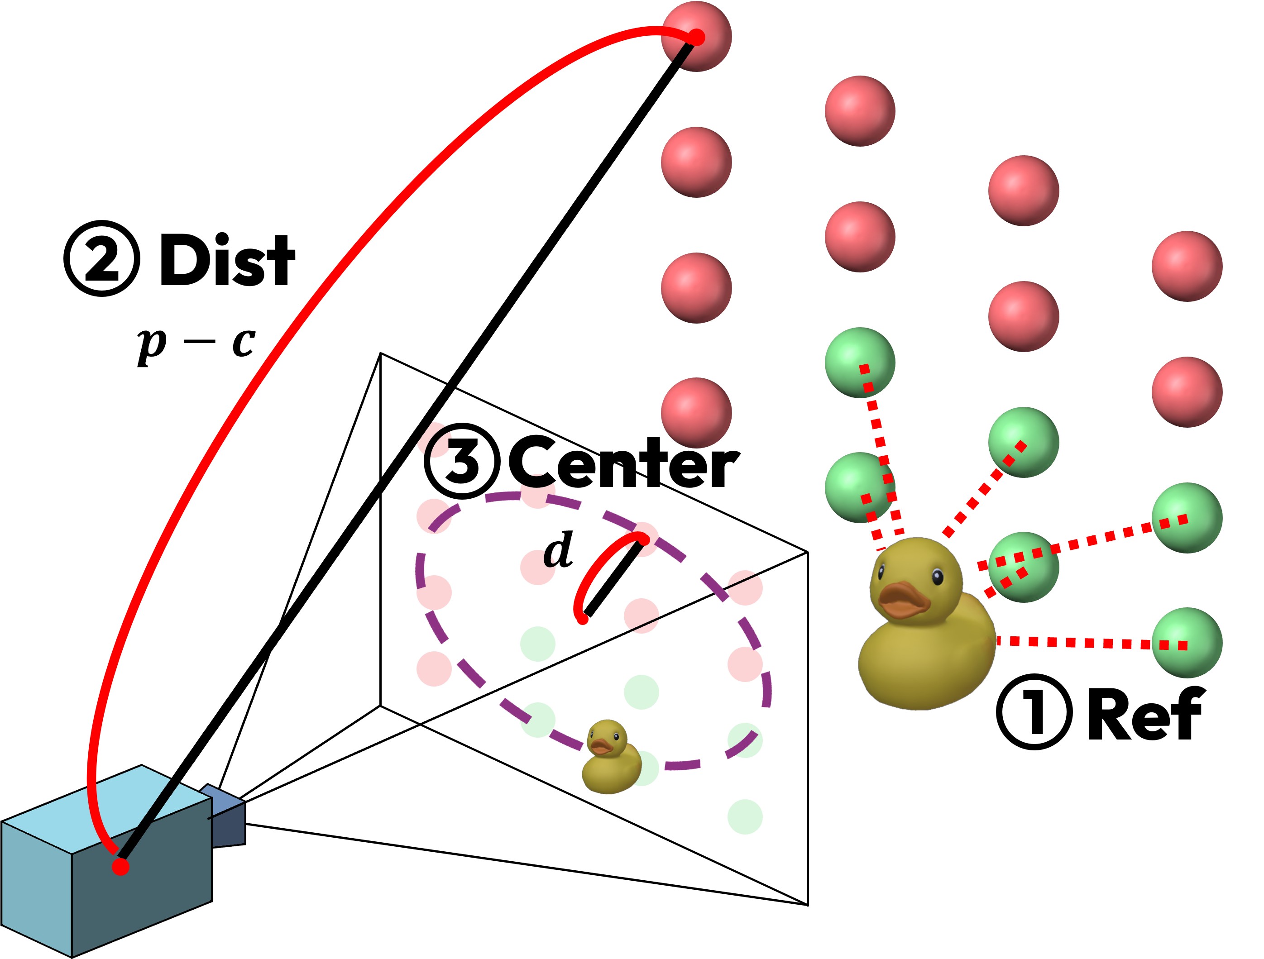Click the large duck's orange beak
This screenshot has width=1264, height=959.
(904, 600)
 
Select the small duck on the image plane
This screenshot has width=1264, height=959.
(611, 756)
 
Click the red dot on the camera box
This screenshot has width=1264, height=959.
(120, 867)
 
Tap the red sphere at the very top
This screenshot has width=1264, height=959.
(696, 37)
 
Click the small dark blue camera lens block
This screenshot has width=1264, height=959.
(224, 816)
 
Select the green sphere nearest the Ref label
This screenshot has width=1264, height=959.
(1187, 643)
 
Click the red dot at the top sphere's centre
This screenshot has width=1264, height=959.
(697, 38)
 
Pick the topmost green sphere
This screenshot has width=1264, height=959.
(860, 363)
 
